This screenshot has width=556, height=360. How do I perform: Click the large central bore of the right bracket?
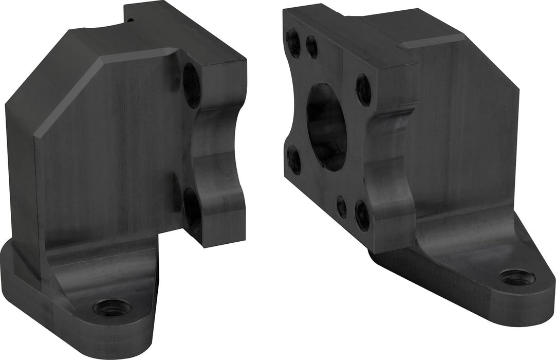click(327, 127)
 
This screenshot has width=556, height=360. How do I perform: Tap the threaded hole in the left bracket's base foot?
click(112, 307)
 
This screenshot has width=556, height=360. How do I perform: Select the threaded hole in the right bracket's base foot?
click(516, 277)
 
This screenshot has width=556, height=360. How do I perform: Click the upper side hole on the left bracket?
click(191, 85)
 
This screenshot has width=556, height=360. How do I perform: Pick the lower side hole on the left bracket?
click(192, 210)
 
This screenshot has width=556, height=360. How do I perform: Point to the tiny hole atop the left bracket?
click(130, 20)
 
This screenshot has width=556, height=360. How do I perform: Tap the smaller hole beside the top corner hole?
click(312, 47)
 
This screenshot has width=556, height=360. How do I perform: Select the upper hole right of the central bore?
click(364, 89)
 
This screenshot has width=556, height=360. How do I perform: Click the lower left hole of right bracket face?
click(294, 159)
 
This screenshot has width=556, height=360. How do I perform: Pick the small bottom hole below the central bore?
click(342, 206)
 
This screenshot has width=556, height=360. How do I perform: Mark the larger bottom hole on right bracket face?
click(362, 214)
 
